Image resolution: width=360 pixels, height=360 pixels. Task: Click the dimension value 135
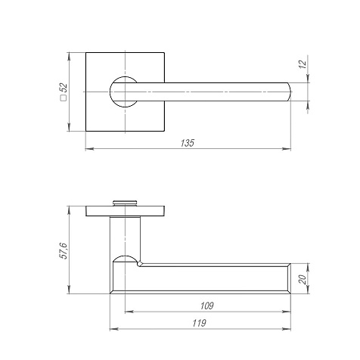coord(188,143)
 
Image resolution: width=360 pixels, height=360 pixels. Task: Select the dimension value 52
coord(64,88)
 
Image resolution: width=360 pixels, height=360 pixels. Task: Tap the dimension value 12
coord(303,64)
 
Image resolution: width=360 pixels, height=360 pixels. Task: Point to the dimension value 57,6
coord(63,251)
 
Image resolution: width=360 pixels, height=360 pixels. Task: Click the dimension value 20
coord(303,279)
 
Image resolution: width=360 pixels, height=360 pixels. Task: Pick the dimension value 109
coord(207,306)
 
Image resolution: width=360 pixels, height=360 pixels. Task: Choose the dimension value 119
coord(200,323)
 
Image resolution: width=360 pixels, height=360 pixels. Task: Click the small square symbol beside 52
coord(64,98)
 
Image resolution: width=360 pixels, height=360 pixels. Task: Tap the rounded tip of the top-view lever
coord(289,92)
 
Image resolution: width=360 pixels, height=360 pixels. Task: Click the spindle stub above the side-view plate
coord(125,203)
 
